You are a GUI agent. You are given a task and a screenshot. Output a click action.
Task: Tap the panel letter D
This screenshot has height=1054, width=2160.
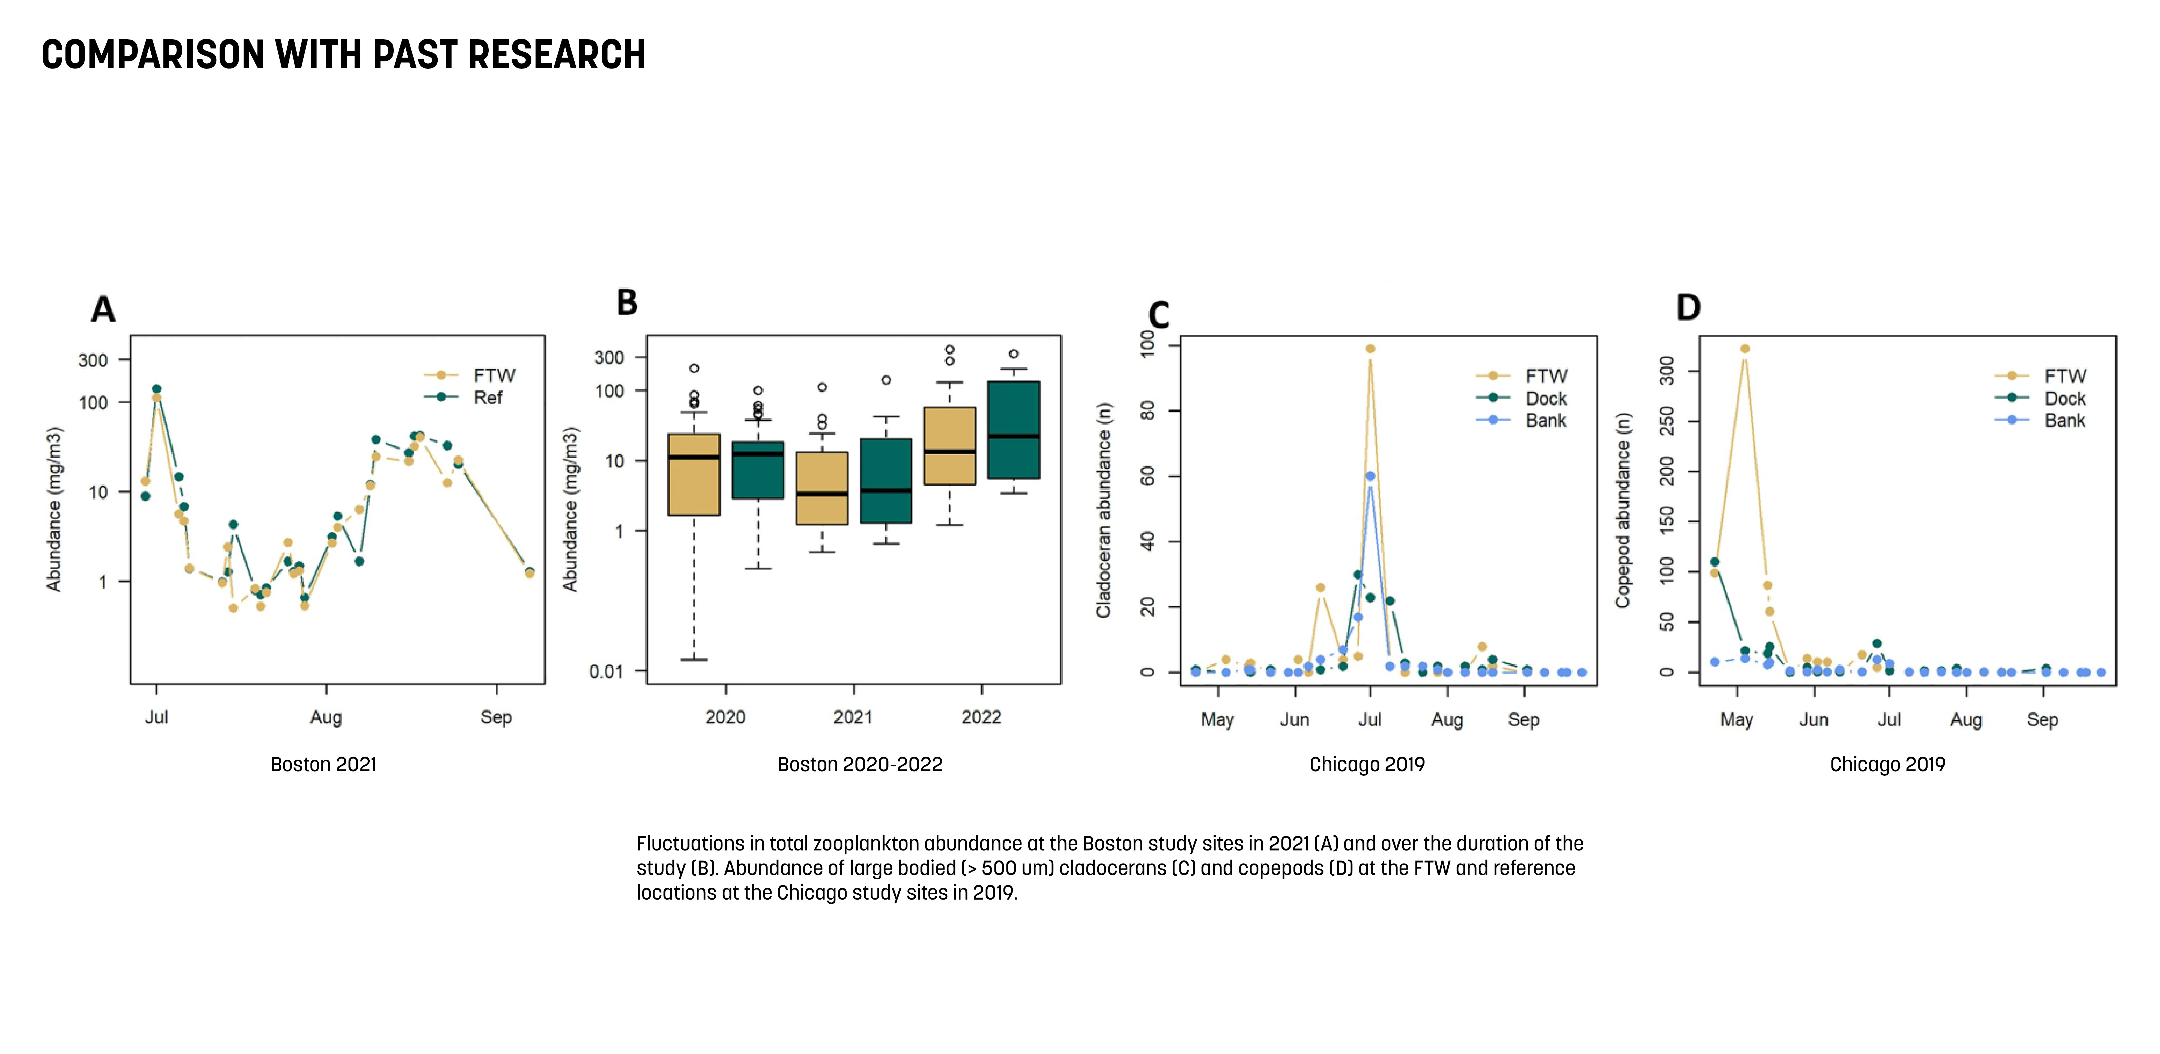tap(1688, 308)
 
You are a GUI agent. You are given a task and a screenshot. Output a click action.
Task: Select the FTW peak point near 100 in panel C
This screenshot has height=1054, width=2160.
tap(1370, 349)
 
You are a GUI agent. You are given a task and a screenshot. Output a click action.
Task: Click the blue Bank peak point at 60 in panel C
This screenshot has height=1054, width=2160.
tap(1370, 476)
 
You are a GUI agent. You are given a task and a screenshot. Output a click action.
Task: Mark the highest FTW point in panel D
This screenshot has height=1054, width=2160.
tap(1745, 349)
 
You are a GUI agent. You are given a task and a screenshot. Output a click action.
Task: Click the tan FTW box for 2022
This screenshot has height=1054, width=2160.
tap(949, 446)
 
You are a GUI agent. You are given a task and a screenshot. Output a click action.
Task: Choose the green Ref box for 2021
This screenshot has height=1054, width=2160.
tap(885, 480)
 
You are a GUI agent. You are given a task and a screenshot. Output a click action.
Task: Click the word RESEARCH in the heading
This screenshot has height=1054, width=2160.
tap(556, 55)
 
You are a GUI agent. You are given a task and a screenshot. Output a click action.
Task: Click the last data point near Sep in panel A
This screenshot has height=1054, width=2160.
tap(529, 573)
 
